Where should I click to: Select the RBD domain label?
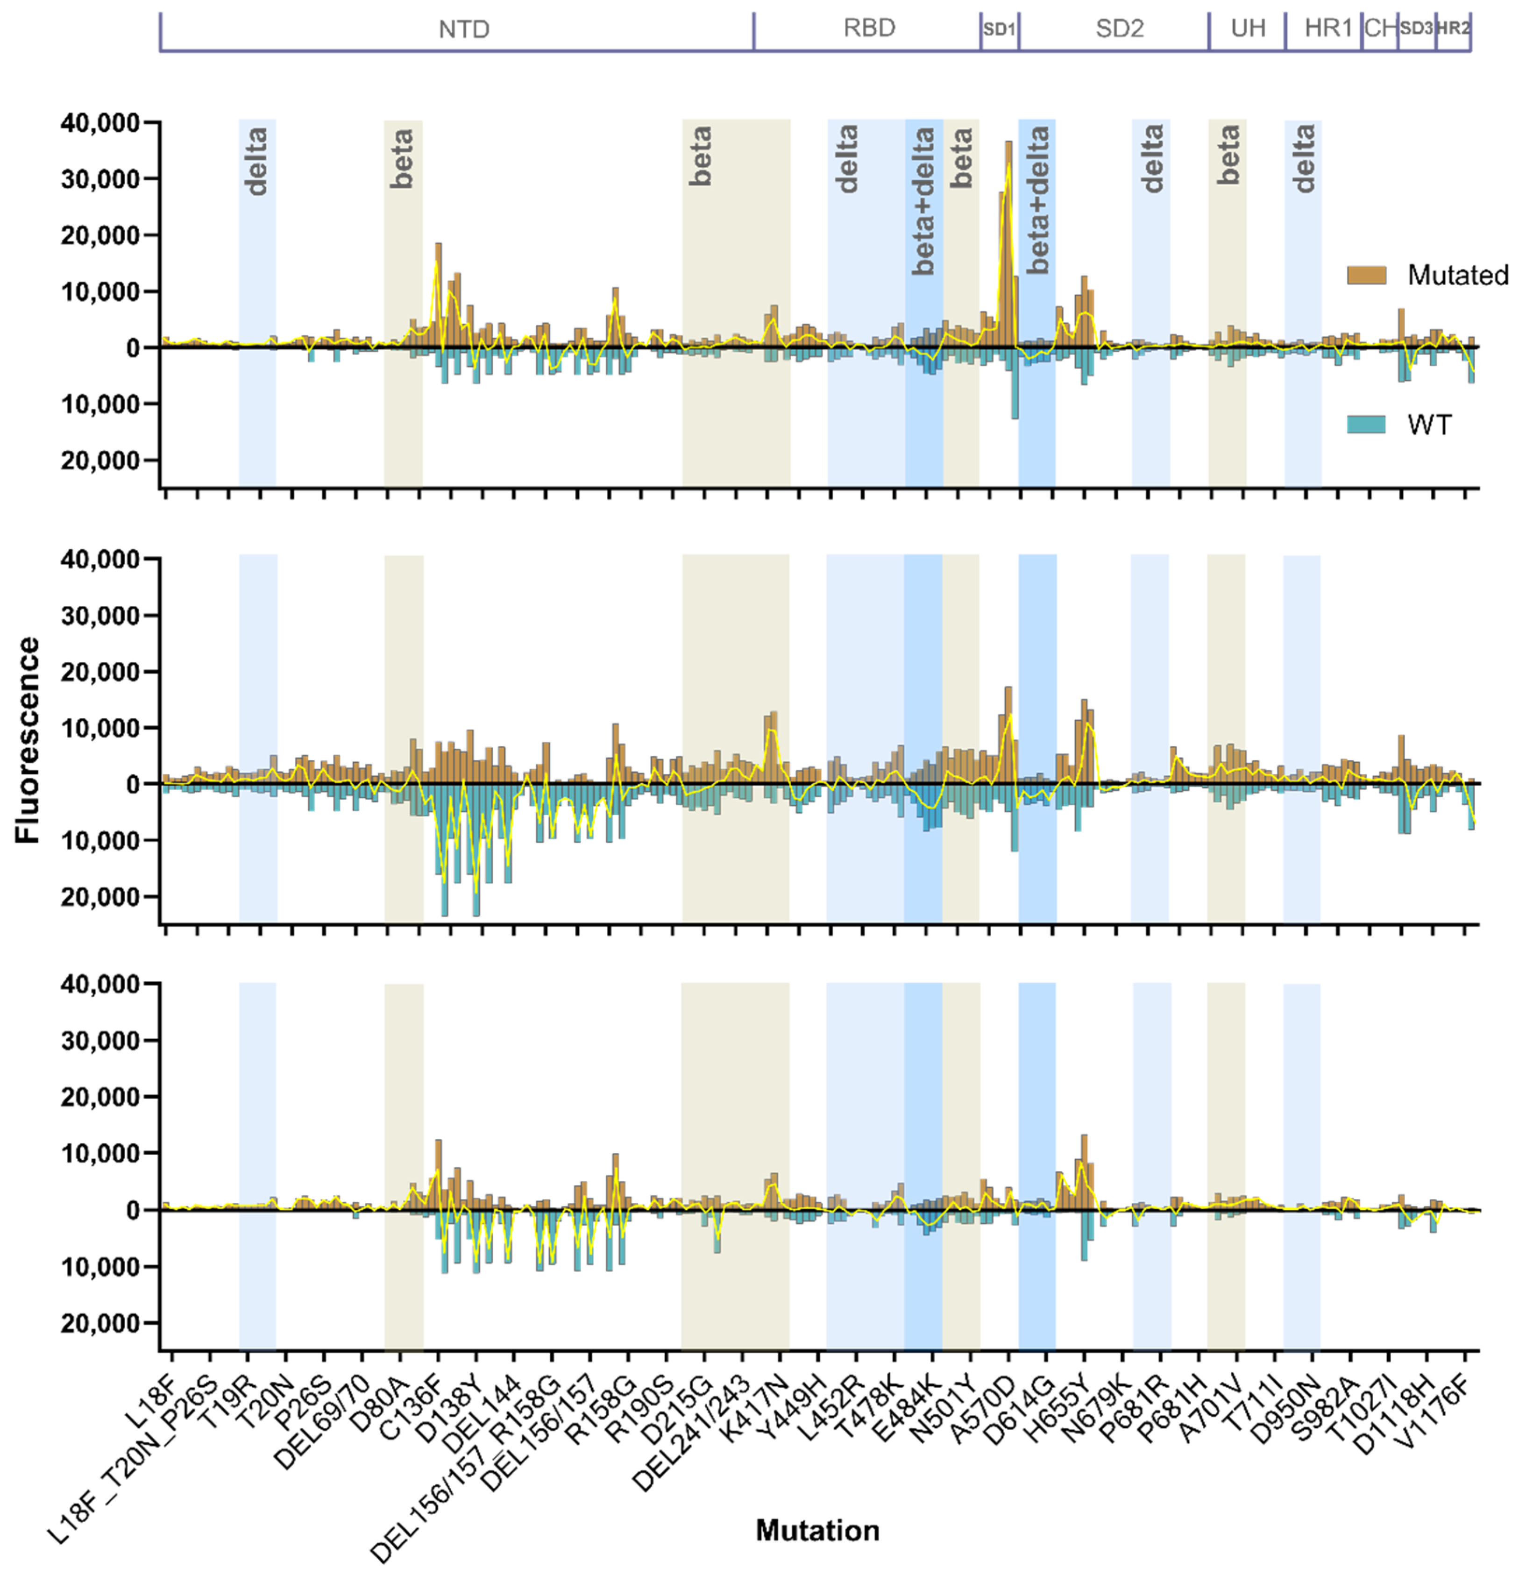point(869,28)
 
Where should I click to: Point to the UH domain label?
point(1248,28)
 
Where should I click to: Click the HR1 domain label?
point(1327,28)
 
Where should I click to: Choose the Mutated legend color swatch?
point(1366,275)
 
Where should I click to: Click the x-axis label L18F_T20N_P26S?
point(137,1453)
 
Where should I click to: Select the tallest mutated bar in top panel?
point(1008,242)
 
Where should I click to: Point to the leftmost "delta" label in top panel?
point(256,162)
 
